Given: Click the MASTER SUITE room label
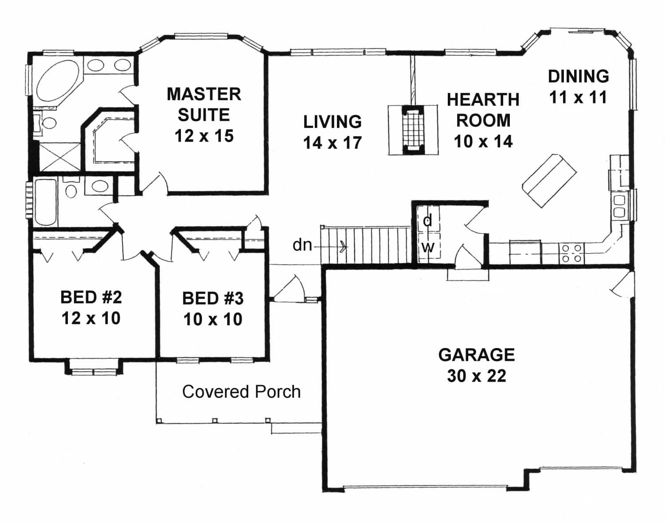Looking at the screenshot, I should click(x=203, y=104).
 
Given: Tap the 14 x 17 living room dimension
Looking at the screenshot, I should click(x=332, y=143).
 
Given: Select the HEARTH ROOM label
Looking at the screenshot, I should click(x=483, y=110).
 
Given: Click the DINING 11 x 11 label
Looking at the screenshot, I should click(x=578, y=87).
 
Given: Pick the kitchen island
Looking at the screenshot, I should click(x=550, y=180).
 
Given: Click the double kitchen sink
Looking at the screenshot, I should click(x=619, y=206).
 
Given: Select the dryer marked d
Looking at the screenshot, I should click(x=427, y=220).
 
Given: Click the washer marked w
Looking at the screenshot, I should click(x=427, y=247).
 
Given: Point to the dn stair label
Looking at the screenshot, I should click(x=302, y=245).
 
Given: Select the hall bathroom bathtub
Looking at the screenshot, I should click(x=46, y=202).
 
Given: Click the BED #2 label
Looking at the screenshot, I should click(x=91, y=297).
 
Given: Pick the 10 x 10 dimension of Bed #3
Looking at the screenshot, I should click(x=213, y=319).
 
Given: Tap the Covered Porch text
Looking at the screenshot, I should click(x=241, y=391).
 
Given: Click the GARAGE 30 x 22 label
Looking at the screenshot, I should click(x=477, y=365).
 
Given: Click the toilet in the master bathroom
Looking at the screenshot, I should click(x=47, y=122).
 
